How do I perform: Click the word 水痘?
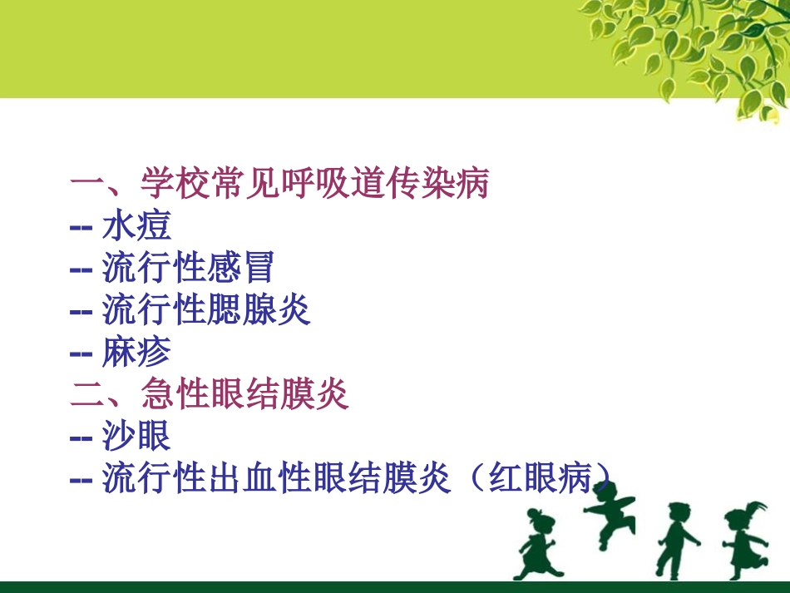pyautogui.click(x=136, y=226)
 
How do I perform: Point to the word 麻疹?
pyautogui.click(x=136, y=353)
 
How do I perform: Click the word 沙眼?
pyautogui.click(x=136, y=436)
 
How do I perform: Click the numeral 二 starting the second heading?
pyautogui.click(x=86, y=394)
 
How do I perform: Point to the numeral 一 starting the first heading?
pyautogui.click(x=86, y=184)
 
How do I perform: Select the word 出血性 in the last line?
pyautogui.click(x=258, y=478)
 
